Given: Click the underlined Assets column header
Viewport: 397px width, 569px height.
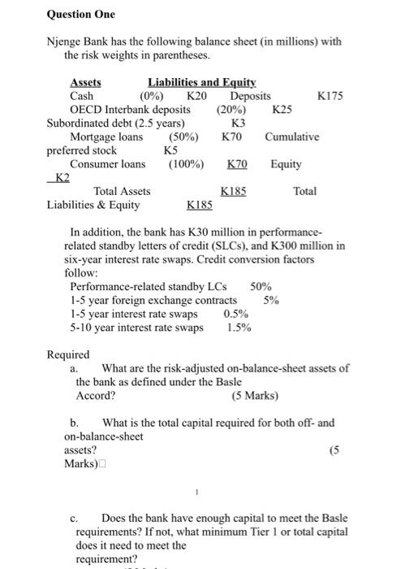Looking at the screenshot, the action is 85,82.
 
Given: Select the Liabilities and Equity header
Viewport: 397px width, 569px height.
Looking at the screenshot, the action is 201,82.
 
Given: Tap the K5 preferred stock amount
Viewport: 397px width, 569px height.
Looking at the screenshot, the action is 170,150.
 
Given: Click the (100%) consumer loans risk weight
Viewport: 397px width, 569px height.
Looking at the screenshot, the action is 186,164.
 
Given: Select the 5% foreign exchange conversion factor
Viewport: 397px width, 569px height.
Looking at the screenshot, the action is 272,300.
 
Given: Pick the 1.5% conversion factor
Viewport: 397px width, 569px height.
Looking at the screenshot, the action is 239,328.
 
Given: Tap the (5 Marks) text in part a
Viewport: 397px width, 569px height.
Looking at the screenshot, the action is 254,396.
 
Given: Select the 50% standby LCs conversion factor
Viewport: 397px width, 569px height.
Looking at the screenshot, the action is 261,286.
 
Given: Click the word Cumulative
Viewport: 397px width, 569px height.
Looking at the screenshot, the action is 291,137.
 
